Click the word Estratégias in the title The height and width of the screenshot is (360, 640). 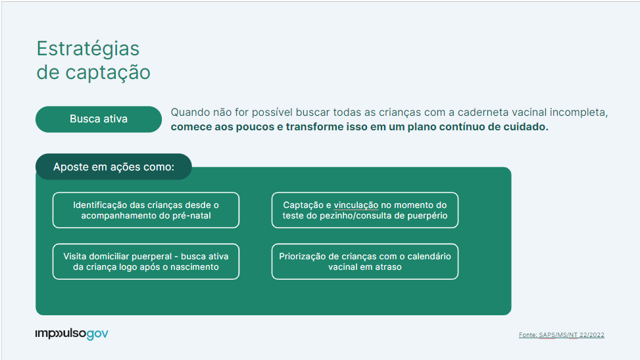87,49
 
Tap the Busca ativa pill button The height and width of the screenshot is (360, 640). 99,119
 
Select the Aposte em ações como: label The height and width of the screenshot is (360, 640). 113,167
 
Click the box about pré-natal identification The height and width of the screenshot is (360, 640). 146,211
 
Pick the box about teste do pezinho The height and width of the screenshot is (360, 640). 364,211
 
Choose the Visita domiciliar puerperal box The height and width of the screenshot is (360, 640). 146,262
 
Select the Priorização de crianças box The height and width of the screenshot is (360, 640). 364,262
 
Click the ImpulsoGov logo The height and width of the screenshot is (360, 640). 72,334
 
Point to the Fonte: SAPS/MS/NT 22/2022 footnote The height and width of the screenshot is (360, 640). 561,335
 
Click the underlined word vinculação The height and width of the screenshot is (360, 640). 356,205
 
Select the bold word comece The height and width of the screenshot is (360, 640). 191,127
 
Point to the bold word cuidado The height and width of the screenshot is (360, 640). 524,127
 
